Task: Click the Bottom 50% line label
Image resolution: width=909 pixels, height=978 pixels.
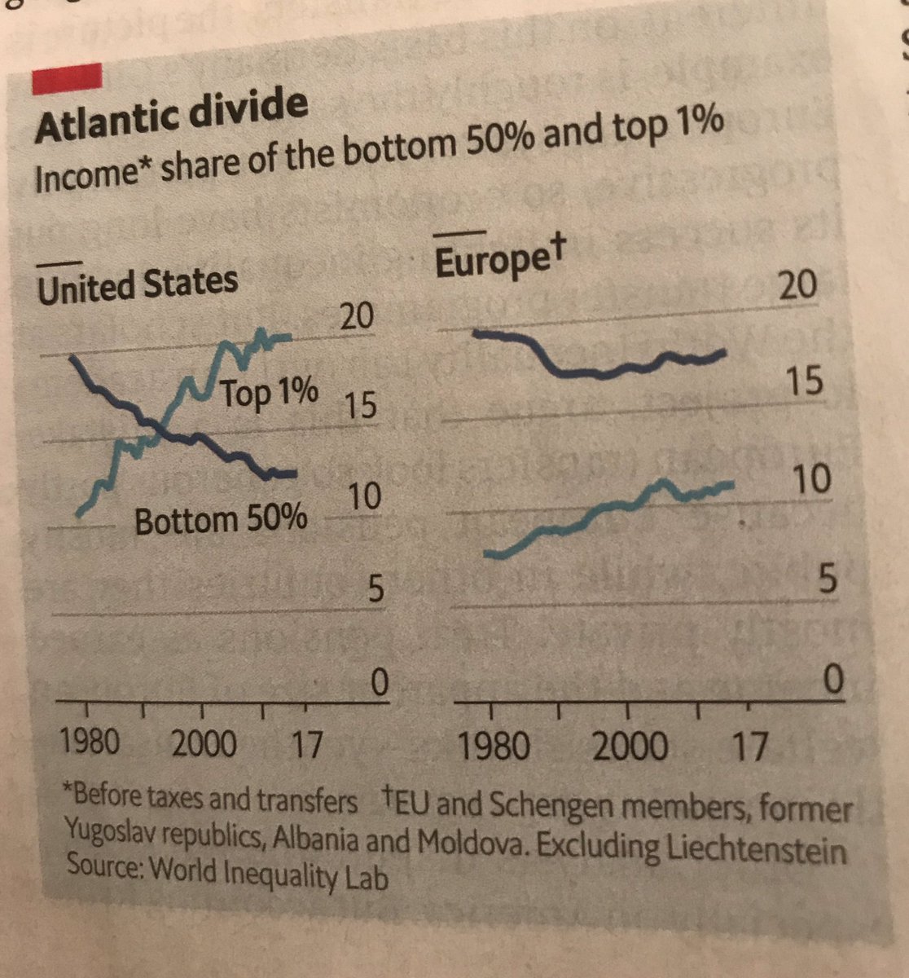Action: [220, 519]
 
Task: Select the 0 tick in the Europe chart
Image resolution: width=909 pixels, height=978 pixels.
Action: [830, 678]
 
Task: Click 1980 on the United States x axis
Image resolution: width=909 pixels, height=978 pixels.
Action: [90, 742]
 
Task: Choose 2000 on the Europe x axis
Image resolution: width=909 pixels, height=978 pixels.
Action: [630, 747]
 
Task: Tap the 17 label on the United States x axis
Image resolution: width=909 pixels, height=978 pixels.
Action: [305, 745]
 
